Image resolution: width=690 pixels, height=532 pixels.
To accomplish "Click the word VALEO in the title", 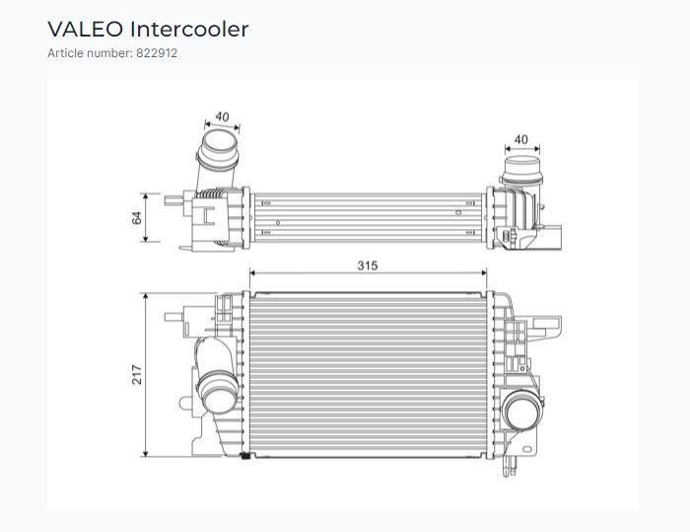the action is click(85, 30).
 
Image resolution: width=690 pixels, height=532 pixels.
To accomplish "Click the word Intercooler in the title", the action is click(189, 30).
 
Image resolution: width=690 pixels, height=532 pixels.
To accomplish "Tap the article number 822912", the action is click(157, 53).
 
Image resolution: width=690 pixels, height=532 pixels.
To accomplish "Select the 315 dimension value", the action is click(368, 266).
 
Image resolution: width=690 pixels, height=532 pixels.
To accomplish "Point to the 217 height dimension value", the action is click(137, 375).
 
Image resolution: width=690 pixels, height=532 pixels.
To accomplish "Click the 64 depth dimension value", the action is click(137, 218).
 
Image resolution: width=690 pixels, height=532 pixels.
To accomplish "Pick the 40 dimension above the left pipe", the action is click(222, 116).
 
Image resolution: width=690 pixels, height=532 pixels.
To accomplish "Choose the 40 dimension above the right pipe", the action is click(521, 140).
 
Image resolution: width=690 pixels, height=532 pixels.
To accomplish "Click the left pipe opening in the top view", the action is click(220, 142).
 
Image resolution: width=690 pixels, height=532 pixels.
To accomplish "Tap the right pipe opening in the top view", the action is click(522, 164).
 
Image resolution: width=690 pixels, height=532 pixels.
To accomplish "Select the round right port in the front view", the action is click(522, 411).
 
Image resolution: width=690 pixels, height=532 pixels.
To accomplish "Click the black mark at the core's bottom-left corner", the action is click(246, 455).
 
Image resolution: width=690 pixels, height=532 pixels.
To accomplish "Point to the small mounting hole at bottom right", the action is click(527, 449).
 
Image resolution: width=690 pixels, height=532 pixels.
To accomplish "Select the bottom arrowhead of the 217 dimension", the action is click(146, 453).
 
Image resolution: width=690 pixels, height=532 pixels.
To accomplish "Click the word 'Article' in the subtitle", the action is click(66, 53).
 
